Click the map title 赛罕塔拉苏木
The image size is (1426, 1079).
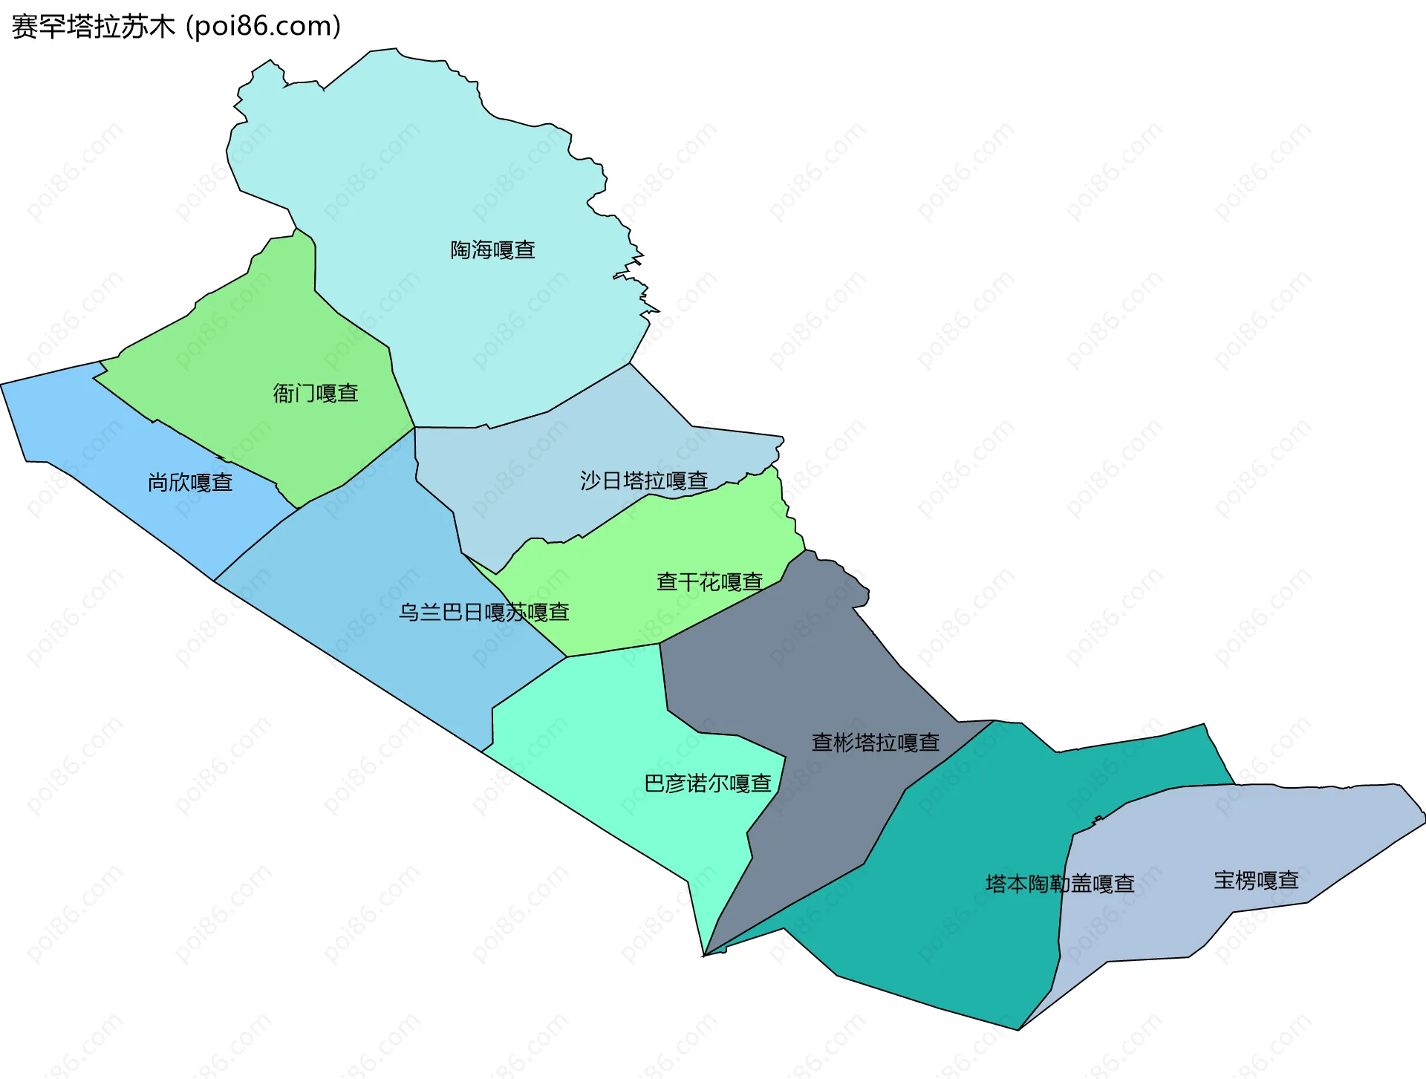pos(93,27)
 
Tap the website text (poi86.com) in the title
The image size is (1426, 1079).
pos(264,27)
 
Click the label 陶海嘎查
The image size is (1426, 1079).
pos(492,250)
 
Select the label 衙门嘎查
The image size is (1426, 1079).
pos(316,394)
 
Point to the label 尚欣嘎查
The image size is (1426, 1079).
pos(190,483)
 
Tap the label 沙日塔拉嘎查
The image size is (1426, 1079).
pos(643,481)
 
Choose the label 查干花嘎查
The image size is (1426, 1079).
pos(709,582)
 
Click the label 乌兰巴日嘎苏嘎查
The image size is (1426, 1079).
pos(484,613)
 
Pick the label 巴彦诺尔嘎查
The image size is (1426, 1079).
pos(707,783)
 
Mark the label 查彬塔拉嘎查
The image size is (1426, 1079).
pos(876,743)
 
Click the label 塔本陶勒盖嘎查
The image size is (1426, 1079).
pos(1060,884)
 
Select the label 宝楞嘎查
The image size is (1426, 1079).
pos(1256,881)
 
